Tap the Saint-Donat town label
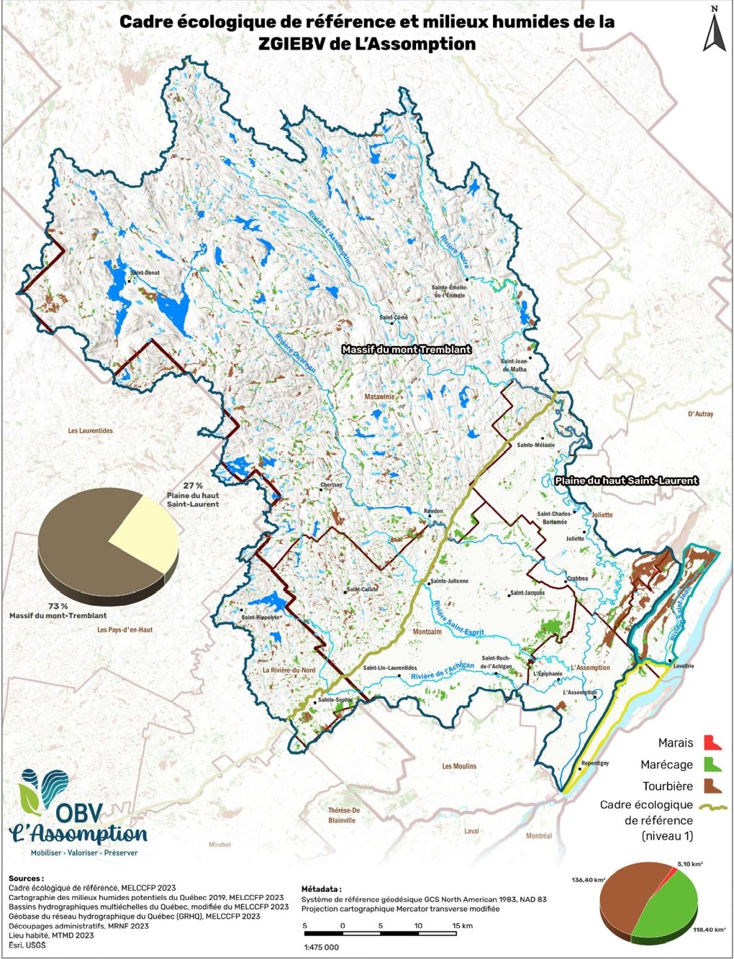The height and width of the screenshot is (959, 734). [x=145, y=273]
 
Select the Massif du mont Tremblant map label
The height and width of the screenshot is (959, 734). [x=407, y=349]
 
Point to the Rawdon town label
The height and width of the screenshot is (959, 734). [x=433, y=511]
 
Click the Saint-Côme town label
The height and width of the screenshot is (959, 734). [x=394, y=317]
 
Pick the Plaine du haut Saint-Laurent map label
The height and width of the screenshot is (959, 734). [x=627, y=480]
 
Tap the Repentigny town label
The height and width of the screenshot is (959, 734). [x=594, y=763]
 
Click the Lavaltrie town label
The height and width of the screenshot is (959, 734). [x=683, y=665]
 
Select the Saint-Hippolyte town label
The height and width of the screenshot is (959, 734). [x=260, y=617]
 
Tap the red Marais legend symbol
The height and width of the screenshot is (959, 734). [x=712, y=742]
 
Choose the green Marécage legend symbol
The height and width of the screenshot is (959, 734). [x=712, y=763]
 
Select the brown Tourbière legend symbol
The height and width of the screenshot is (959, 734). [x=712, y=785]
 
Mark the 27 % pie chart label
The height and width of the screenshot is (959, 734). [x=193, y=486]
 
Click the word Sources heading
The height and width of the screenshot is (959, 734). [x=26, y=878]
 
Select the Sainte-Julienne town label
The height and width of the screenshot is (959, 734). [x=449, y=581]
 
